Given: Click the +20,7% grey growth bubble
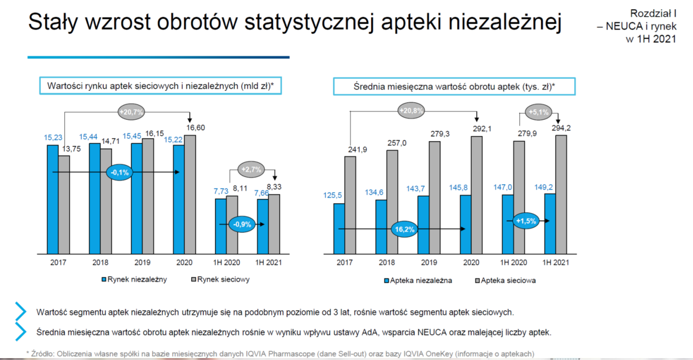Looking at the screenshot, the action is [x=132, y=112].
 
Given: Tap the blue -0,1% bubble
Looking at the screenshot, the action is [x=119, y=172].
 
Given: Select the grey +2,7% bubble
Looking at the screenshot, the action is [x=251, y=169].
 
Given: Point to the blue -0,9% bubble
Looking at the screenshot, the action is [x=242, y=224].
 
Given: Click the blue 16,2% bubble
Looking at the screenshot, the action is [x=405, y=229].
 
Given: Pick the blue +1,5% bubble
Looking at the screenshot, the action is [x=526, y=221].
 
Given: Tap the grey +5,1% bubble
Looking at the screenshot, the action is [x=539, y=112].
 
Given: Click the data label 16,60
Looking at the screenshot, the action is [x=195, y=128].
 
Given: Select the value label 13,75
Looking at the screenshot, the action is [x=72, y=149].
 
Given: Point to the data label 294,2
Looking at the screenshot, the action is [x=561, y=128].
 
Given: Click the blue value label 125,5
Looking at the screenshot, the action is [x=332, y=195].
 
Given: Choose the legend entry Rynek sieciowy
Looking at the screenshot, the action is [x=220, y=279].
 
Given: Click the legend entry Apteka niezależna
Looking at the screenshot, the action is [x=418, y=281].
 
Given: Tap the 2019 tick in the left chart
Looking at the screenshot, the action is [x=142, y=263].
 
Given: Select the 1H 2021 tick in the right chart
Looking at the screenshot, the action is [x=555, y=263].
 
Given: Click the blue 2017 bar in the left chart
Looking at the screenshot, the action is [x=53, y=200].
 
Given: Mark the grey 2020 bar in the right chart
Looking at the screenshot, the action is [x=477, y=195].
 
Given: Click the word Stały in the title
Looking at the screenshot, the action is [x=53, y=22].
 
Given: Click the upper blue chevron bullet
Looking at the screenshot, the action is [x=21, y=311].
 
